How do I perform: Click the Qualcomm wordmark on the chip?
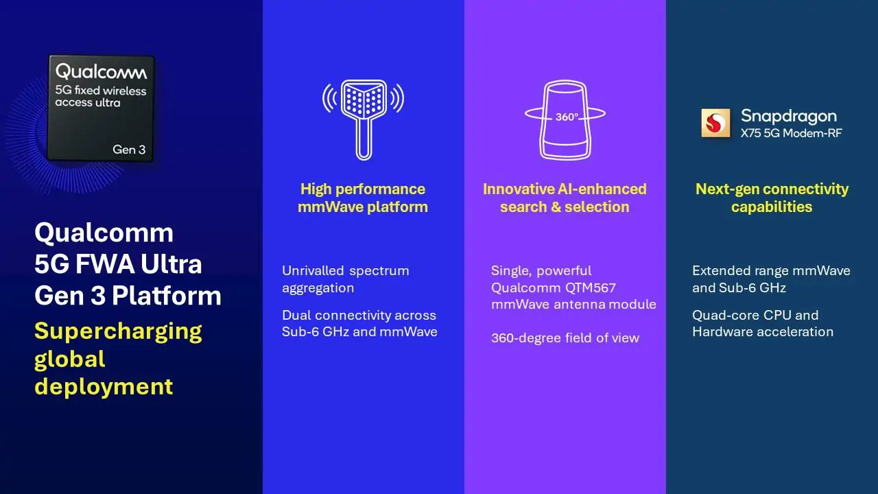tap(101, 71)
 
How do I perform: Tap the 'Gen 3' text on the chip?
tap(129, 150)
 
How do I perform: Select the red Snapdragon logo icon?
tap(715, 123)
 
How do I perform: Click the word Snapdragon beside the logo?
tap(789, 116)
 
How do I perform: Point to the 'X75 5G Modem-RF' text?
tap(792, 133)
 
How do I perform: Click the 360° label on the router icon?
tap(567, 117)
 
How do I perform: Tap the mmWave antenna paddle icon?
tap(364, 120)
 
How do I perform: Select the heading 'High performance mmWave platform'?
tap(363, 198)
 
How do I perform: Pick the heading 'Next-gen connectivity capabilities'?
tap(772, 198)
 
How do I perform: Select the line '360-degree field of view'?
tap(565, 338)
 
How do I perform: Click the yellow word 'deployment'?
tap(104, 388)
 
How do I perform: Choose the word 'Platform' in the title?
tap(167, 295)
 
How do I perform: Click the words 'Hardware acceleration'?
tap(763, 332)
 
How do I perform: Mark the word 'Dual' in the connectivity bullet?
tap(296, 315)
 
